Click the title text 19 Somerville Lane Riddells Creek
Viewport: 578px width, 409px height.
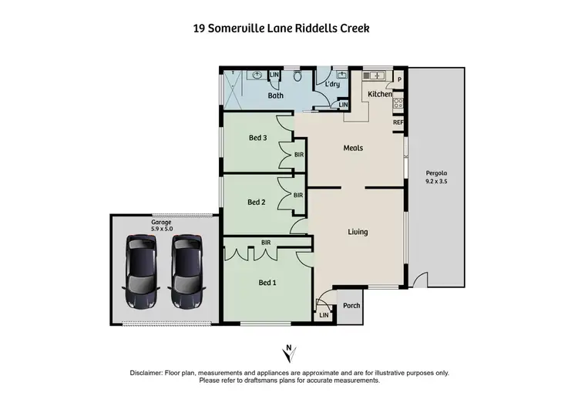tap(281, 28)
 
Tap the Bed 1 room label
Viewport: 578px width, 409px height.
tap(267, 283)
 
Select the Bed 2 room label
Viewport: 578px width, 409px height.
tap(257, 203)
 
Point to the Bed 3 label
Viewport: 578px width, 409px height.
tap(257, 139)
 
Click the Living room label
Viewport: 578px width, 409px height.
tap(358, 232)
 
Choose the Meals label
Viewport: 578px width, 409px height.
tap(353, 148)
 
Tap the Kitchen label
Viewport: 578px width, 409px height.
tap(380, 94)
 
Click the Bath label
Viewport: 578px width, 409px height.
tap(275, 96)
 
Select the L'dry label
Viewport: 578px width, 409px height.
tap(332, 83)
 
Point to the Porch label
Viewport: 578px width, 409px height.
tap(351, 306)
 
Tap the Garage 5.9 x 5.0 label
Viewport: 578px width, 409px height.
tap(161, 226)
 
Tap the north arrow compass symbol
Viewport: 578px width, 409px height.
tap(289, 354)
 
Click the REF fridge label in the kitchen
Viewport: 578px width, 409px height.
tap(398, 122)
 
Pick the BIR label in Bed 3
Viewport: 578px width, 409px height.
tap(299, 155)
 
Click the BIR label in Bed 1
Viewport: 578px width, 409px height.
tap(267, 242)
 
